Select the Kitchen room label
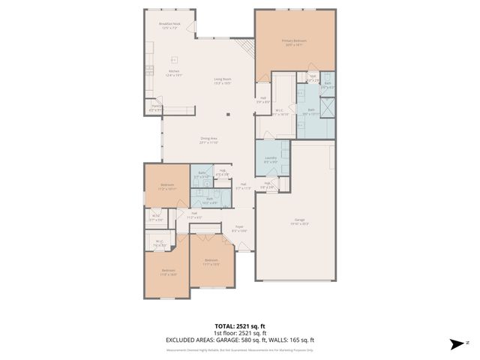173,73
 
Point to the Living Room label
222,80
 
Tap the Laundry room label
271,159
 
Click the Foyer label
239,228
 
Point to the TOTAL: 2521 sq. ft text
239,326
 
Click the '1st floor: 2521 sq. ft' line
239,333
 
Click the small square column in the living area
229,114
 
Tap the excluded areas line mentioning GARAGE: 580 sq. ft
239,340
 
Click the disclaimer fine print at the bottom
239,349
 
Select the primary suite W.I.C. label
278,112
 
